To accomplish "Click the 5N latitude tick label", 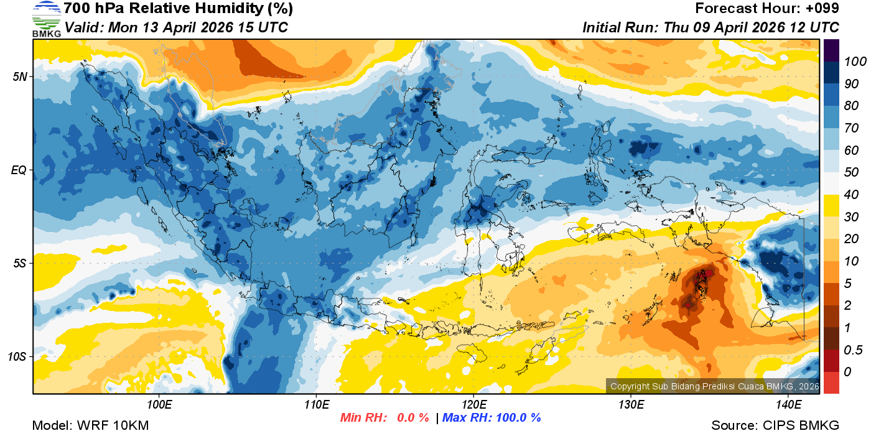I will [19, 77].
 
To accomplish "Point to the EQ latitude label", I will [19, 170].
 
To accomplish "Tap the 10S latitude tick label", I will [17, 356].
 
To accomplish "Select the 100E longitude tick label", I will [159, 405].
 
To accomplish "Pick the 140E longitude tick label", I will [788, 405].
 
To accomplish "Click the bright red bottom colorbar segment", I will [831, 383].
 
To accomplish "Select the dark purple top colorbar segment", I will [831, 50].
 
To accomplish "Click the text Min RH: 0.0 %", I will [384, 418].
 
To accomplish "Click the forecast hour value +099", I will [821, 9].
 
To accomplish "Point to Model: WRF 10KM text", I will [90, 426].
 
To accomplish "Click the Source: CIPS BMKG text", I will [775, 426].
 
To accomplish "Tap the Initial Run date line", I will [710, 27].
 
